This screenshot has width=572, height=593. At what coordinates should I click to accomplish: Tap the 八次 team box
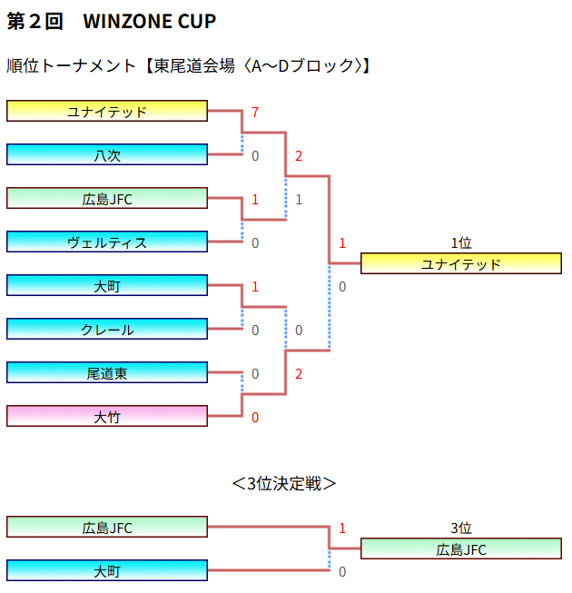click(107, 155)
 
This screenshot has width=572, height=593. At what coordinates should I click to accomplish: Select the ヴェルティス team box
click(107, 242)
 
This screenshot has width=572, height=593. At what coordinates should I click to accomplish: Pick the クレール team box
click(107, 330)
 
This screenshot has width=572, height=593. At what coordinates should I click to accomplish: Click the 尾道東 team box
click(107, 373)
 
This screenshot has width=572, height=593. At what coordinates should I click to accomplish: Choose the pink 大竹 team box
click(107, 417)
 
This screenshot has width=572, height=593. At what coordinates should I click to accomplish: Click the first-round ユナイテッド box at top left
click(107, 112)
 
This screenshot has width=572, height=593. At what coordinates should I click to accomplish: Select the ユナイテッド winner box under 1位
click(461, 264)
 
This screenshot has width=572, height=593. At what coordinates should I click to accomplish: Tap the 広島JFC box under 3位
click(461, 549)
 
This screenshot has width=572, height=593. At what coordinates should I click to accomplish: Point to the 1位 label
click(461, 243)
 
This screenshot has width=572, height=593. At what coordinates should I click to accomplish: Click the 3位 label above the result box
click(461, 529)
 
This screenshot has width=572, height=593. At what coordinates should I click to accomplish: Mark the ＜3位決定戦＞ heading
click(284, 483)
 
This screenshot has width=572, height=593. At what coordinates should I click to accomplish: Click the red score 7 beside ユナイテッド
click(256, 113)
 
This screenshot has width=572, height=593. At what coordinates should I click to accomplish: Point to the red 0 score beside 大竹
click(255, 418)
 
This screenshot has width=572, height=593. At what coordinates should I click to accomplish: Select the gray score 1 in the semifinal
click(299, 200)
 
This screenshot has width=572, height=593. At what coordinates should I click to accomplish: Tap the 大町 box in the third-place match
click(107, 571)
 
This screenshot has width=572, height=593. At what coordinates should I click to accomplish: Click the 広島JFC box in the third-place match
click(107, 528)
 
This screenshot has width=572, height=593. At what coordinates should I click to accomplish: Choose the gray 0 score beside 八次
click(255, 156)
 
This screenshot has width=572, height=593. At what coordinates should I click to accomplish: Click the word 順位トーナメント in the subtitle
click(72, 65)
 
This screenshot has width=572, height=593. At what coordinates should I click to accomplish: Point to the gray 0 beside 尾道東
click(255, 374)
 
